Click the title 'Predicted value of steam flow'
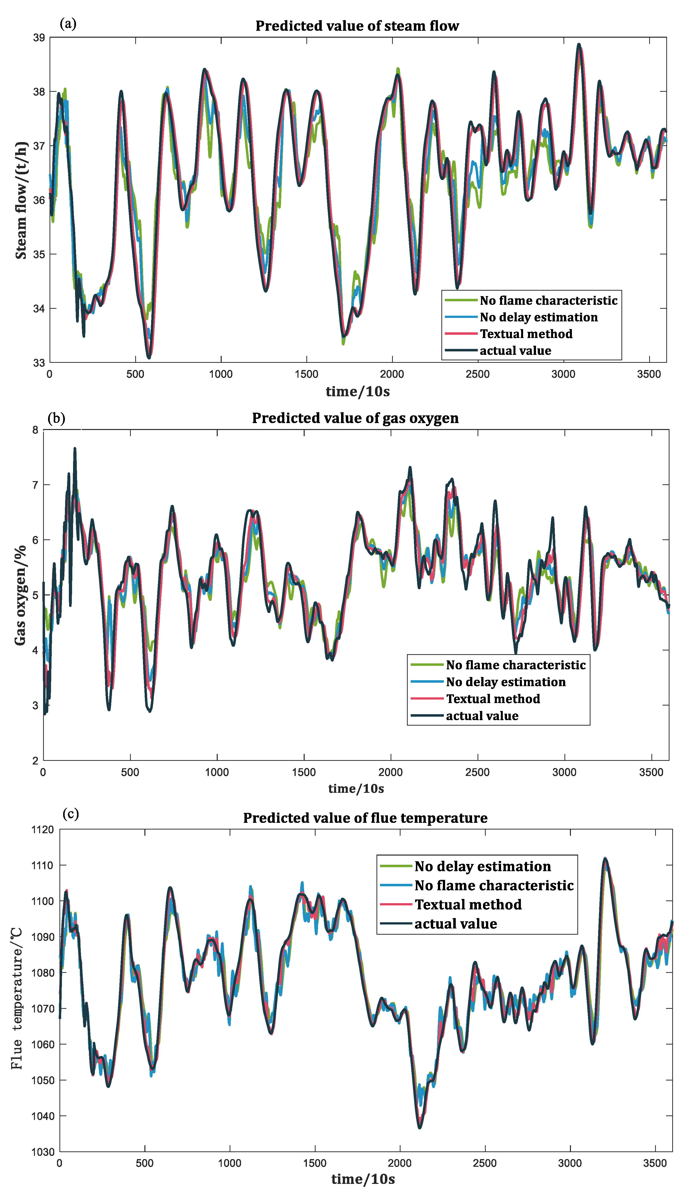tap(357, 26)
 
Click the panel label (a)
tap(68, 23)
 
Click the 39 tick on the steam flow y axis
tap(39, 38)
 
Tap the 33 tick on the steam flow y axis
tap(39, 363)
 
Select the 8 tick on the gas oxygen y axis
tap(35, 430)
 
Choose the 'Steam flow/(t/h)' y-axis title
tap(21, 200)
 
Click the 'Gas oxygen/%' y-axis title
tap(20, 595)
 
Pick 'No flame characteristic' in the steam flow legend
tap(548, 301)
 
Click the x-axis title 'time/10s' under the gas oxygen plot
tap(356, 789)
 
